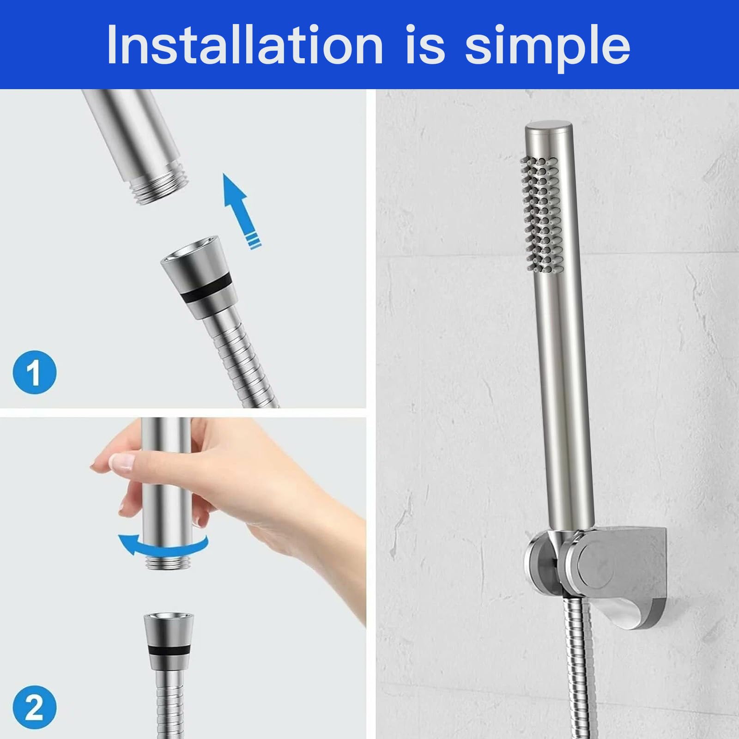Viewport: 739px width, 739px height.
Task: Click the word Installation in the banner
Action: point(245,44)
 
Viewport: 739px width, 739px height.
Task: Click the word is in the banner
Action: point(425,44)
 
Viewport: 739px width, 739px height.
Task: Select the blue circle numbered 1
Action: point(34,372)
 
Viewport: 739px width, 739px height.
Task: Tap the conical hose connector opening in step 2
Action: point(169,619)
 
